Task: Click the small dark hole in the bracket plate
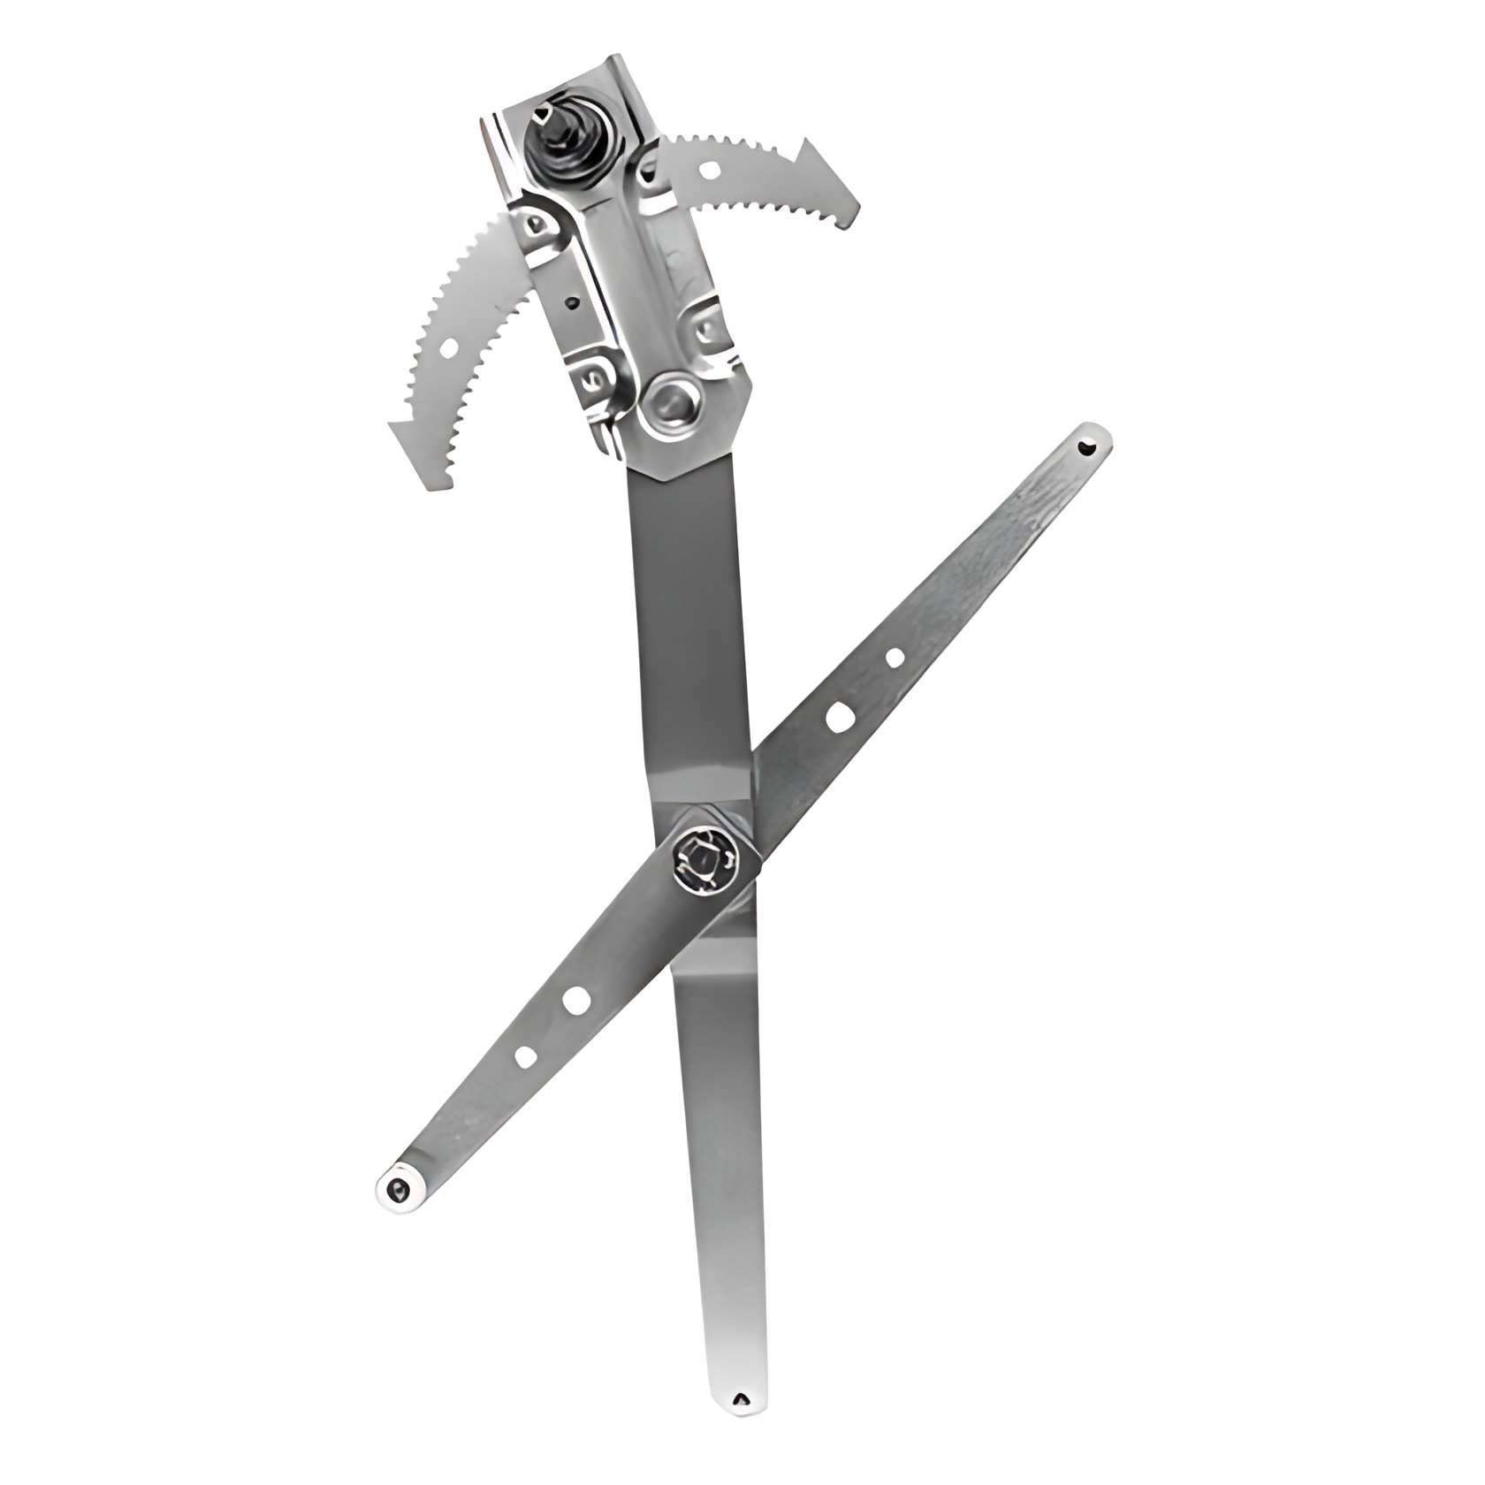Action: pos(573,305)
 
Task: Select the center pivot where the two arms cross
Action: pos(704,858)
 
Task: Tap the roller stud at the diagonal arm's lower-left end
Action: pos(399,1192)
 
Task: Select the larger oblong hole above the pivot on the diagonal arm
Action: pos(838,717)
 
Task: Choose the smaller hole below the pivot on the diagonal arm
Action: pos(524,1056)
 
